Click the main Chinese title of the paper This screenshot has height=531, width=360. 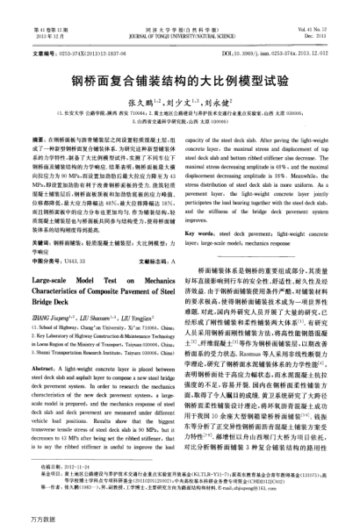180,78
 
